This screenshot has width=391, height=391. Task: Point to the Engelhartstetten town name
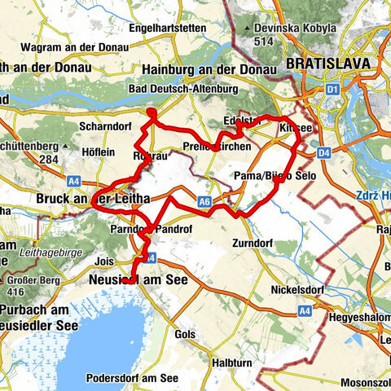[x=180, y=26]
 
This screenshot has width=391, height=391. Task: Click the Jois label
[x=104, y=261]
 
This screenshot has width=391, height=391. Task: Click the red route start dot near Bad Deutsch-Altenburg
[x=151, y=112]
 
